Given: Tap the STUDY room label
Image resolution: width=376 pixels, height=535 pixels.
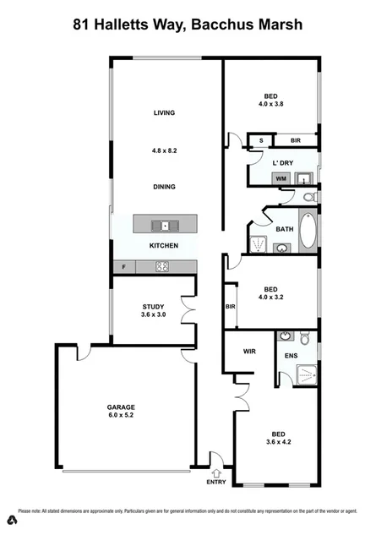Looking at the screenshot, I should point(153,307).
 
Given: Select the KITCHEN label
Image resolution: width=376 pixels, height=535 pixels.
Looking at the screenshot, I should point(163,245).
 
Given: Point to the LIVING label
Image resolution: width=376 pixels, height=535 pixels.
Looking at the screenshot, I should point(164,112).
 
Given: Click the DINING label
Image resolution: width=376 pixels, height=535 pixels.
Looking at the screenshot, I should point(164,187).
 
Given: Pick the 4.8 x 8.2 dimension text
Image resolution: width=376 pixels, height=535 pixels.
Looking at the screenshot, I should point(164,150).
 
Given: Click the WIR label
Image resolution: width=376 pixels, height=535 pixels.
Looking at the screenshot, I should point(249,350).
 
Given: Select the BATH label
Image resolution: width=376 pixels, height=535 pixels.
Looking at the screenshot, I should point(285,229).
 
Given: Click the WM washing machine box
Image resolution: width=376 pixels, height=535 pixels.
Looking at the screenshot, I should point(281,178).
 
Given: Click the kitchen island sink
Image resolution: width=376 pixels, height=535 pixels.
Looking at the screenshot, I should point(164,225).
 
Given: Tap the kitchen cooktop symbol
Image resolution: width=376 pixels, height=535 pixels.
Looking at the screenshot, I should point(163,267).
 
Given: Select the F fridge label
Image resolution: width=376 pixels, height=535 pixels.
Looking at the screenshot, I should point(125,267).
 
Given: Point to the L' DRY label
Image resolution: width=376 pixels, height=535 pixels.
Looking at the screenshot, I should point(282,161).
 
